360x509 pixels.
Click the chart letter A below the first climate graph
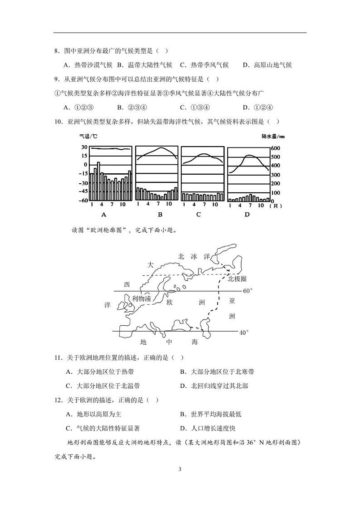pyautogui.click(x=103, y=215)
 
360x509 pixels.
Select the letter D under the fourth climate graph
pyautogui.click(x=247, y=215)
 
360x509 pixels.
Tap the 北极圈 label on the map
pyautogui.click(x=238, y=278)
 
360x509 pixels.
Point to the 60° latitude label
pyautogui.click(x=248, y=291)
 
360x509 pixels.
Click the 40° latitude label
pyautogui.click(x=245, y=333)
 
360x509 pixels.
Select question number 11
pyautogui.click(x=58, y=357)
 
